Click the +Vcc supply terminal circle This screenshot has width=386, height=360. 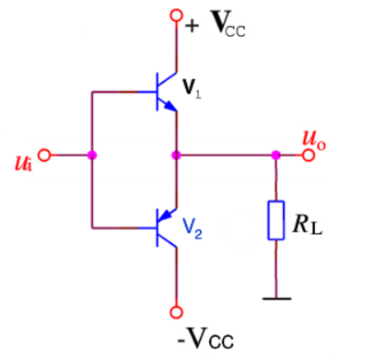click(x=176, y=15)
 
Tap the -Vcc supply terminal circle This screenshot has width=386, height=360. click(x=176, y=312)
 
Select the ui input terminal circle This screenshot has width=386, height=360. click(x=45, y=155)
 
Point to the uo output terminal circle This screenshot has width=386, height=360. click(x=309, y=155)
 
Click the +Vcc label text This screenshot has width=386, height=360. click(x=216, y=24)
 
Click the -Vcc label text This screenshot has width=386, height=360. click(x=205, y=338)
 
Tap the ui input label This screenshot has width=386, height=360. click(x=23, y=163)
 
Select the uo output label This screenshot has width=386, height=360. click(x=314, y=140)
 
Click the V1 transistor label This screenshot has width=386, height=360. click(x=192, y=88)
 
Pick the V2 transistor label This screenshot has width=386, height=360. click(x=193, y=228)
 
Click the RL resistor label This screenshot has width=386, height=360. click(x=308, y=224)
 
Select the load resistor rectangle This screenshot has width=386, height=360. click(x=276, y=220)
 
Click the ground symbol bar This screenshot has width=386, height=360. click(x=277, y=298)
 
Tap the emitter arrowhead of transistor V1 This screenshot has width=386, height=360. click(x=170, y=106)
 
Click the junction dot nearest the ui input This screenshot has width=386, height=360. click(x=92, y=155)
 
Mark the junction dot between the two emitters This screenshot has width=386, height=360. click(x=176, y=155)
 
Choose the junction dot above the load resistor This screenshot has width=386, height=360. click(x=275, y=155)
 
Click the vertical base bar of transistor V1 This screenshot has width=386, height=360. click(x=158, y=91)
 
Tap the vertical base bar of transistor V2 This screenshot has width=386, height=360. click(x=158, y=227)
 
